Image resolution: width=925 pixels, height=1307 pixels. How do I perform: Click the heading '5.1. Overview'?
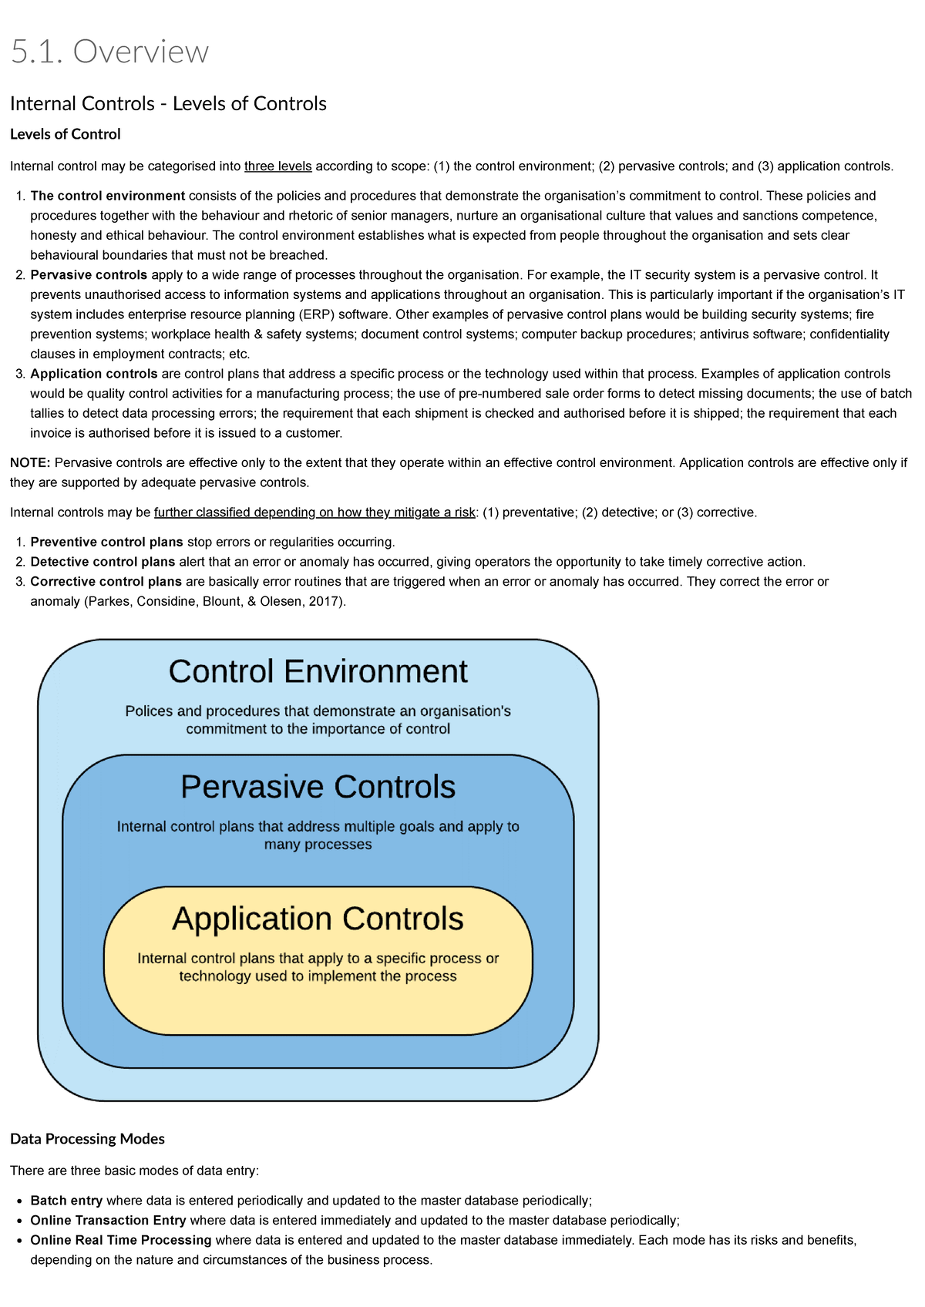(x=109, y=52)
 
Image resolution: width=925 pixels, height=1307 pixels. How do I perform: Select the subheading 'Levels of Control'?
(x=66, y=134)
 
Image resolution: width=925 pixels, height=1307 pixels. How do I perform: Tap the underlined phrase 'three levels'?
(x=277, y=166)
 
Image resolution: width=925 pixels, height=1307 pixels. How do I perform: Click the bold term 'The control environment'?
(x=107, y=196)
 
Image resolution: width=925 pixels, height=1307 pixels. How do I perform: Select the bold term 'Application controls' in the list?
(x=94, y=374)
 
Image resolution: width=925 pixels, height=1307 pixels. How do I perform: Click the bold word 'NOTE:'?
(x=30, y=462)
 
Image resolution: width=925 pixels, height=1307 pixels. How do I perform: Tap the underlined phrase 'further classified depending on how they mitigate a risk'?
(x=314, y=512)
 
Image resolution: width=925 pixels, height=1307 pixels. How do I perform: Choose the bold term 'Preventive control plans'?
(x=106, y=542)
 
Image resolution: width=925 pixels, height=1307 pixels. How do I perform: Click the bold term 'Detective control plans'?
(x=103, y=562)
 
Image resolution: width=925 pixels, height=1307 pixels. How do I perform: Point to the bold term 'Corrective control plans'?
(x=106, y=582)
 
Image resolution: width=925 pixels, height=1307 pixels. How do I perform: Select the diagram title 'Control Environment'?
(x=318, y=671)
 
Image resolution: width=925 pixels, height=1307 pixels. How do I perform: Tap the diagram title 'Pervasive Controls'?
(x=318, y=787)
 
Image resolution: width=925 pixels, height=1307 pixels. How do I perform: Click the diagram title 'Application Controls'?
(x=318, y=919)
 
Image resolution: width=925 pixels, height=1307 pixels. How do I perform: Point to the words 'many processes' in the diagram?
(x=318, y=845)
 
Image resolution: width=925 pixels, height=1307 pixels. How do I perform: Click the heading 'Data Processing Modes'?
(x=87, y=1139)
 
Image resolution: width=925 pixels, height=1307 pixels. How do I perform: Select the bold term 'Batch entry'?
(x=66, y=1201)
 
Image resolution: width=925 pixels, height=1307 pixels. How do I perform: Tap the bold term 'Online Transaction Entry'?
(x=108, y=1221)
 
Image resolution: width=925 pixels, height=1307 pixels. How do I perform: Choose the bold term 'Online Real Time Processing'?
(x=120, y=1241)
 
